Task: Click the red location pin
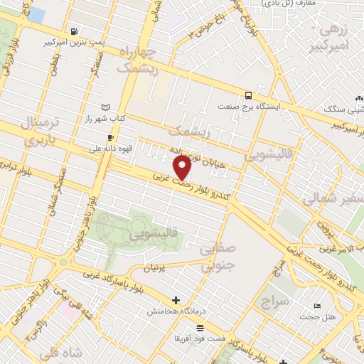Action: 183,168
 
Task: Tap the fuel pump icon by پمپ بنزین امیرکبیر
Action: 75,32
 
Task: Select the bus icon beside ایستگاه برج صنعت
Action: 248,94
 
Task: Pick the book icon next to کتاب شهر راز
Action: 106,107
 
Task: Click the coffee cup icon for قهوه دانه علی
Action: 109,137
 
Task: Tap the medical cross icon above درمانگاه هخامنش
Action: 176,300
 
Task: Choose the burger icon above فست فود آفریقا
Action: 200,327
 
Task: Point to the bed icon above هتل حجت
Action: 316,306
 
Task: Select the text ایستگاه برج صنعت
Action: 285,105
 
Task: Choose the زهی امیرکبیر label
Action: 331,39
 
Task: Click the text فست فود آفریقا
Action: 201,338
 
